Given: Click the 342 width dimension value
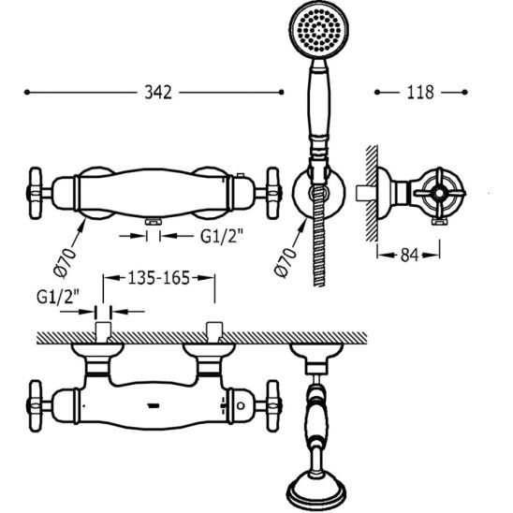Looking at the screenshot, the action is [158, 93].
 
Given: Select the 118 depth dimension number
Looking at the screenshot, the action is [420, 93].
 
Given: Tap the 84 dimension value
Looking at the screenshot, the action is [410, 255].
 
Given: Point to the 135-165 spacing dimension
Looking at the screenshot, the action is [159, 278].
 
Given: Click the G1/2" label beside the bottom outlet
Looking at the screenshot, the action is [222, 236].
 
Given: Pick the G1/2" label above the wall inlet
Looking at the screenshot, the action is [58, 297].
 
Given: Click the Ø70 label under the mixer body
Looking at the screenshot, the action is [65, 263].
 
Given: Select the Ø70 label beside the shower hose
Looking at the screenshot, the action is [286, 263].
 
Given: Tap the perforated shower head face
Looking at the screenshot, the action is [319, 29].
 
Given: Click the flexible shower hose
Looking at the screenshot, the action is [319, 236].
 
